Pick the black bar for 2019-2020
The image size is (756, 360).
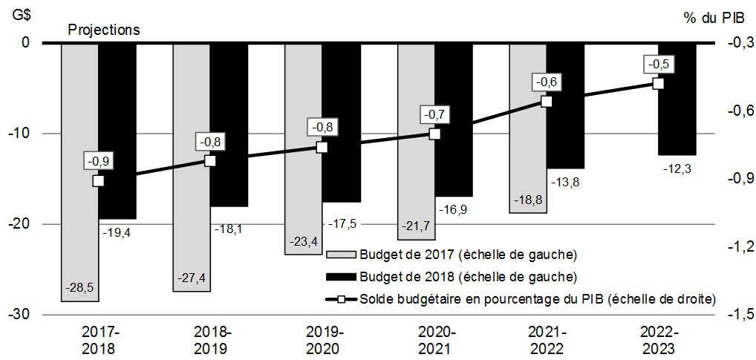(342, 122)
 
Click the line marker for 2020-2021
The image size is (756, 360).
(434, 134)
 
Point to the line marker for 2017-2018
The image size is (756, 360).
(98, 180)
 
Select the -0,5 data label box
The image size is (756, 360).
(657, 65)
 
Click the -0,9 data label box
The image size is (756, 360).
(98, 161)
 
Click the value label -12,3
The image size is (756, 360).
(677, 169)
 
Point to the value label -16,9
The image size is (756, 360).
(453, 210)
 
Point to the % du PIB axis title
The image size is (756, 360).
(712, 17)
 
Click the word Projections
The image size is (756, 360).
(104, 30)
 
